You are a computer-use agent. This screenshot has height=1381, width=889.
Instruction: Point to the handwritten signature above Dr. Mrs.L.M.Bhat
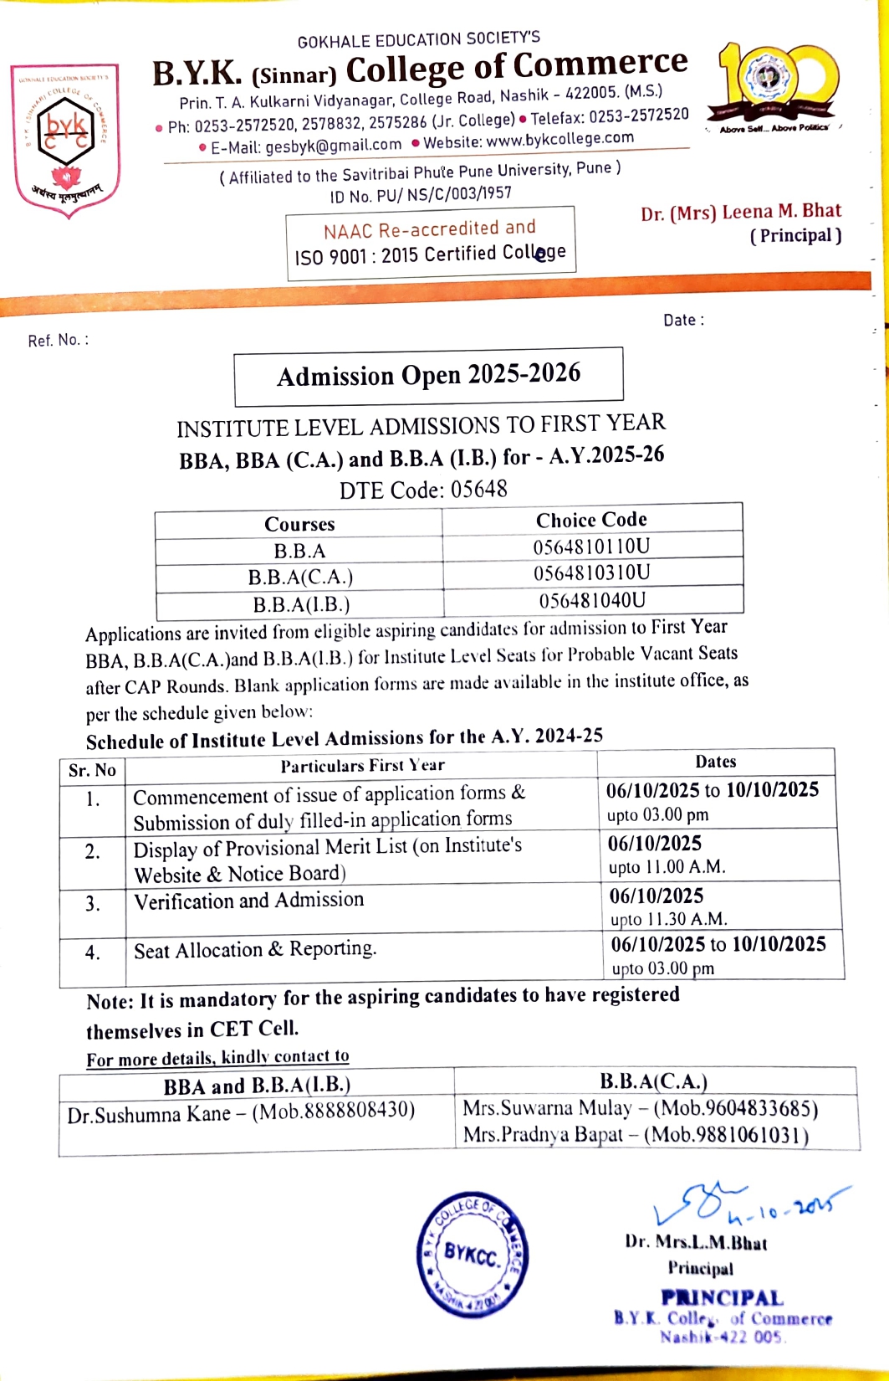point(736,1205)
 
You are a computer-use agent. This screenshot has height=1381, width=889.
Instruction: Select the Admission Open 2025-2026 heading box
point(428,376)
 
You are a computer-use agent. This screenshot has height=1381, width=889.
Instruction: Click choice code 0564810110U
point(591,547)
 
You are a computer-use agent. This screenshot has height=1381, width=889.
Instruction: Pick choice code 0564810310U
point(591,573)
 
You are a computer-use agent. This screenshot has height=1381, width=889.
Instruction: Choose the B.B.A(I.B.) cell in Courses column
point(301,604)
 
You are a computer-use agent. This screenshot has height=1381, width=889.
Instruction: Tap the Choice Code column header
point(591,520)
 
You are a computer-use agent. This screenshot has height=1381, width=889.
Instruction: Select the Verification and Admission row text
point(249,901)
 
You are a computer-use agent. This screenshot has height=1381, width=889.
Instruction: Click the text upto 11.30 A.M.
point(668,919)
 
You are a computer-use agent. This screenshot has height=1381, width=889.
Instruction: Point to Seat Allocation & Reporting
point(255,949)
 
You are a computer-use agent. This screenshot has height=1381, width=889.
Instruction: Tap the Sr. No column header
point(92,770)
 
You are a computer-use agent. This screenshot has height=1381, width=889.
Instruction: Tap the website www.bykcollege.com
point(559,139)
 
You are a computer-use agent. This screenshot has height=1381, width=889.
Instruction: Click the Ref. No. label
point(58,340)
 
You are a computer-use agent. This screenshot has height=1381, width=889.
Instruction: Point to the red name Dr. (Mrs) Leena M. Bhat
point(740,213)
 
